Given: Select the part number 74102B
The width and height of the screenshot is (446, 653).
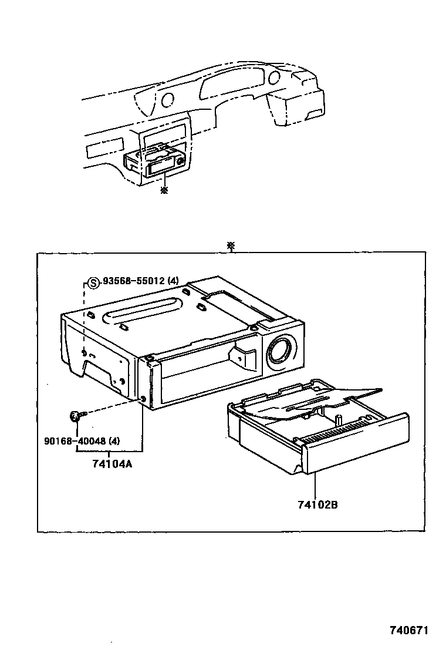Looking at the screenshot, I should click(x=317, y=504).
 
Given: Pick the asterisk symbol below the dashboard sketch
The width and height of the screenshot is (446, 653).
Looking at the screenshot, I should click(x=164, y=190).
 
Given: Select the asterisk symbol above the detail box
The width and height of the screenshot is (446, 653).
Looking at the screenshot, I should click(x=232, y=245).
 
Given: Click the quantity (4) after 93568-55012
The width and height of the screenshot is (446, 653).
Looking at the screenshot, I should click(x=173, y=282).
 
